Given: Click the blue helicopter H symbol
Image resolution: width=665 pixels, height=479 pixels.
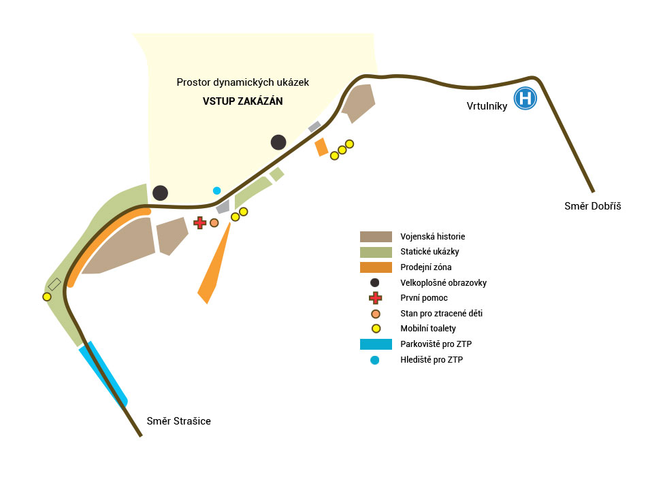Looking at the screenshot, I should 525,98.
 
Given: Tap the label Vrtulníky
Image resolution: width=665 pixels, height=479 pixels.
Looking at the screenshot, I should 487,106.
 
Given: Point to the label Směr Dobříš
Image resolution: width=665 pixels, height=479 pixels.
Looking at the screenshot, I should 593,205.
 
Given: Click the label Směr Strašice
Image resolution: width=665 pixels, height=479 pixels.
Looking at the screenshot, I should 179,421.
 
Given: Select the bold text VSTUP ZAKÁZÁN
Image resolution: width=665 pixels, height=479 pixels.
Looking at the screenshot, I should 242,101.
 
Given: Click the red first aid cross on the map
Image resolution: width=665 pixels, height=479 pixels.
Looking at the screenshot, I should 199,222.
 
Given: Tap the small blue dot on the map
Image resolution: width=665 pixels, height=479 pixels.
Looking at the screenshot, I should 216,191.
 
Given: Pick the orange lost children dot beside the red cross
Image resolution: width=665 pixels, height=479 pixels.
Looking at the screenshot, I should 214,222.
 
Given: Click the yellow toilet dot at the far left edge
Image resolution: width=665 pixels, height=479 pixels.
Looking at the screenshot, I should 46,297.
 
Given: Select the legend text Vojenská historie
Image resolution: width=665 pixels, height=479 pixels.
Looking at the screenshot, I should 433,237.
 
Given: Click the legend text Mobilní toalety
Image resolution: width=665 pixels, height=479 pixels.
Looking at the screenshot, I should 428,329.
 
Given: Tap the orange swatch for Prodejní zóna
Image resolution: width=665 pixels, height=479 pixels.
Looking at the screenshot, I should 376,267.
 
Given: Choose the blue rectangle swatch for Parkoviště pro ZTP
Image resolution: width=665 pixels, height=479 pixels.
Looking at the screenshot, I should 376,344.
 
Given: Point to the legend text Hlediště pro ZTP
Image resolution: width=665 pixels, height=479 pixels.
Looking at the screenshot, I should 432,360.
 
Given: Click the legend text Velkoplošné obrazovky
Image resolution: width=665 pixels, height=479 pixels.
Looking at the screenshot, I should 443,282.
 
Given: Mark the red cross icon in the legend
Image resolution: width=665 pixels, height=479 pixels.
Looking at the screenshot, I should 375,298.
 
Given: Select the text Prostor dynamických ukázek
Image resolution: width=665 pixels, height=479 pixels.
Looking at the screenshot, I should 242,82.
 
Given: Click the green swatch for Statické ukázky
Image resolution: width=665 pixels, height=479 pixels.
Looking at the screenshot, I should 376,252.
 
